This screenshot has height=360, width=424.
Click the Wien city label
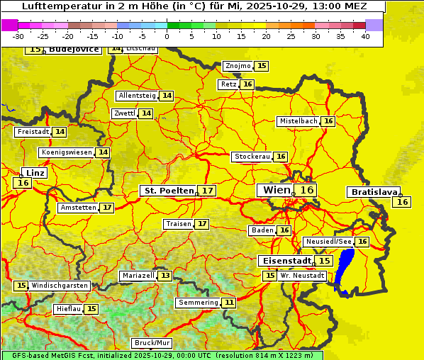click(x=277, y=190)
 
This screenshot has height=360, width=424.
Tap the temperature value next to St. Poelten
click(x=206, y=191)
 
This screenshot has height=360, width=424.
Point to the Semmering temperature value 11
click(x=228, y=303)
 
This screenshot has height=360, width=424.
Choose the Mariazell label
click(x=138, y=275)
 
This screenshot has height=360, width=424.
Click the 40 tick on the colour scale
click(x=365, y=36)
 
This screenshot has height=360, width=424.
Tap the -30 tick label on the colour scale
click(x=18, y=36)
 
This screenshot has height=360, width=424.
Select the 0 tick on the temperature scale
click(x=167, y=36)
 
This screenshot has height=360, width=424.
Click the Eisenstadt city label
click(x=284, y=261)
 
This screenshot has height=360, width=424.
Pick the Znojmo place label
click(x=238, y=66)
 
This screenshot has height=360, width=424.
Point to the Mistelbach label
click(x=298, y=121)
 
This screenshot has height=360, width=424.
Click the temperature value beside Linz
click(x=22, y=183)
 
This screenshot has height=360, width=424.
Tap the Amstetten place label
click(x=78, y=208)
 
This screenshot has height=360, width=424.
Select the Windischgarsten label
click(x=60, y=286)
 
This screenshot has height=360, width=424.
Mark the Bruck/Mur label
click(x=152, y=343)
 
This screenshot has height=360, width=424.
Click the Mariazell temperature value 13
click(x=165, y=275)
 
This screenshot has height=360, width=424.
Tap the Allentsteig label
click(x=137, y=96)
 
